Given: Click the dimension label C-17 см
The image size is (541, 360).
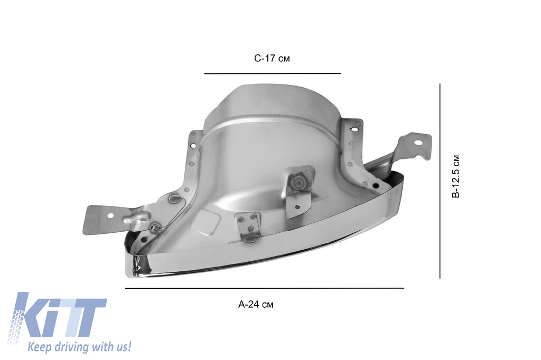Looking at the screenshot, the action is coord(272,58).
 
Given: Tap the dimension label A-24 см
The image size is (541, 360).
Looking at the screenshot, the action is coord(256,305).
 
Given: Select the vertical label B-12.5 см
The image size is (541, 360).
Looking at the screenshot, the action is coord(456,176).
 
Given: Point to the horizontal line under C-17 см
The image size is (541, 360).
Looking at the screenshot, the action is coord(272,73).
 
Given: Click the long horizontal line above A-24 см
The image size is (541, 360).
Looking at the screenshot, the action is coord(264,288).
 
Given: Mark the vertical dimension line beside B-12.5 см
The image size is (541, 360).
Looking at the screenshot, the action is coord(440,181).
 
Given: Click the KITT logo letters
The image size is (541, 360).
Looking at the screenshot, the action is coord(57,318).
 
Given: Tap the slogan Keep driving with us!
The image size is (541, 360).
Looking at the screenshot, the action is coord(79,346).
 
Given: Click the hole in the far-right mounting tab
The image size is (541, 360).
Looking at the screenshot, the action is coord(418,142).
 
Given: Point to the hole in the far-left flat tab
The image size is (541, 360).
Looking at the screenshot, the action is coord(110,216).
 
